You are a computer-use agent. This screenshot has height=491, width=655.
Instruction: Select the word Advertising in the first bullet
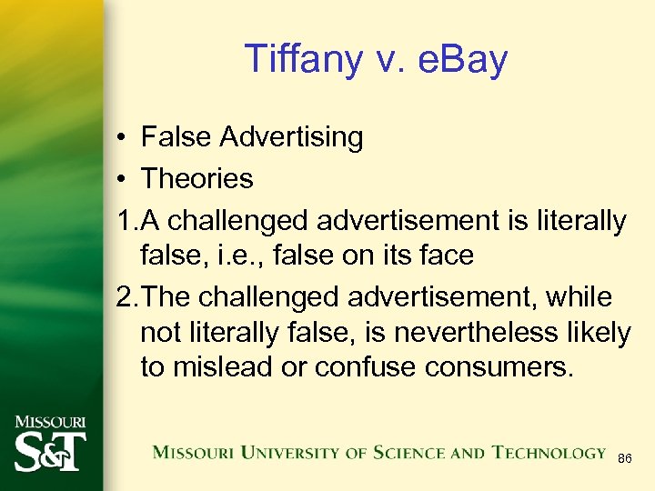point(291,137)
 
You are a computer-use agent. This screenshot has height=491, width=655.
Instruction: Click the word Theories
point(197,178)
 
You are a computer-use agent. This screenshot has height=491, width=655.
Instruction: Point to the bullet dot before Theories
point(121,179)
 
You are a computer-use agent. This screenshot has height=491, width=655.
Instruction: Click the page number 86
point(624,460)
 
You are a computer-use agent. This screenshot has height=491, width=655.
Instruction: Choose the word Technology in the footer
point(549,452)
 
